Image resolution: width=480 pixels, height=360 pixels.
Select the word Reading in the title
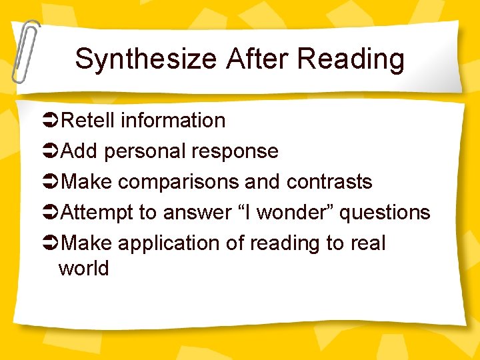[351, 59]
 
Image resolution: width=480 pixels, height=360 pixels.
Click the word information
[173, 121]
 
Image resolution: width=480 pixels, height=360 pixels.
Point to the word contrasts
[329, 182]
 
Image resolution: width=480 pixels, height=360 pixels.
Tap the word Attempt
[97, 213]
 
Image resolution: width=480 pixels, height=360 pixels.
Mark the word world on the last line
[84, 269]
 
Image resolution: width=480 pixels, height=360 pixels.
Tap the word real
[367, 243]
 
